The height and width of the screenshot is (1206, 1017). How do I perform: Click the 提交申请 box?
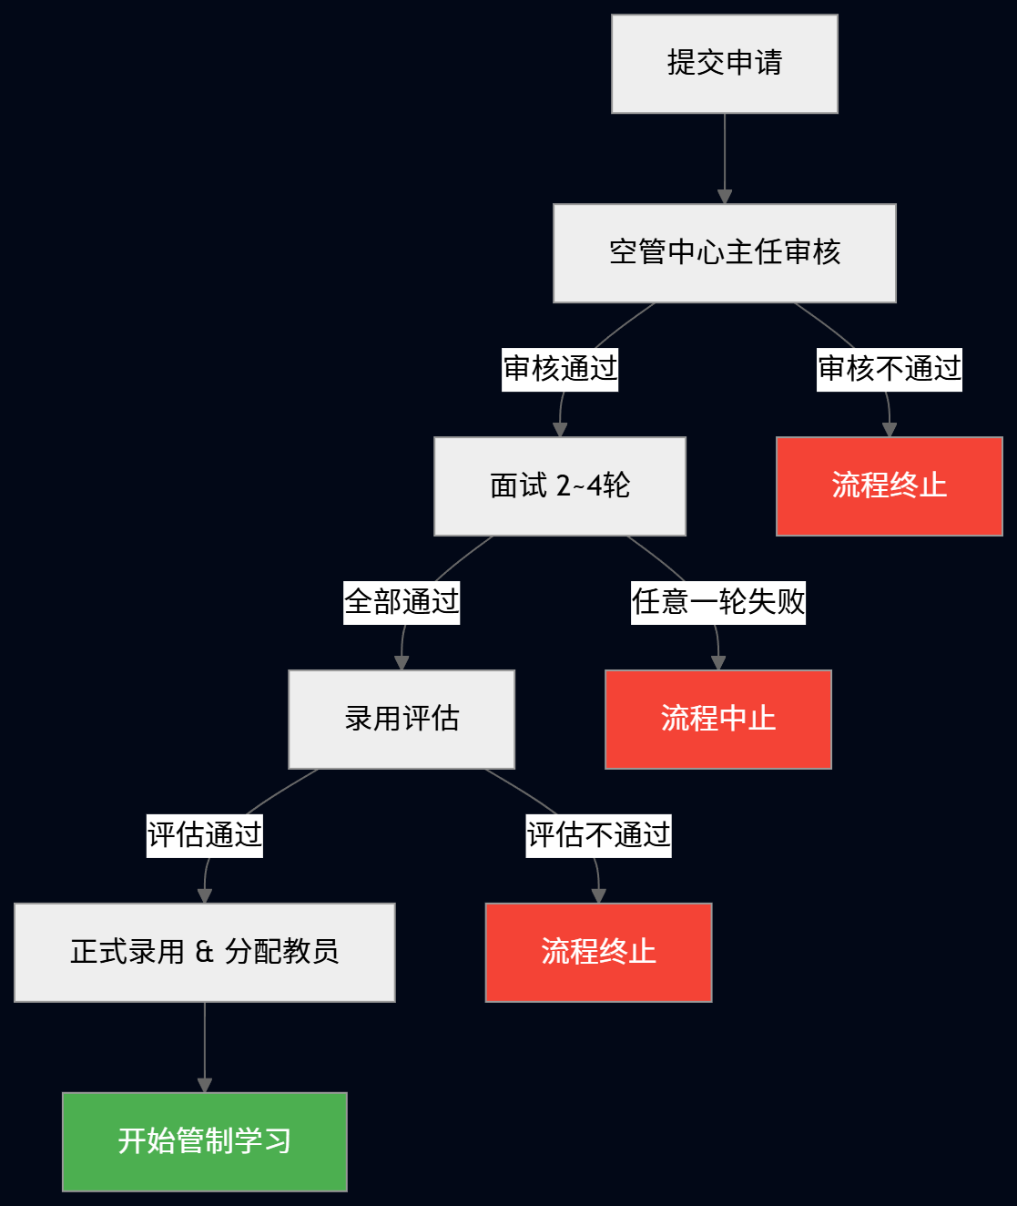(724, 64)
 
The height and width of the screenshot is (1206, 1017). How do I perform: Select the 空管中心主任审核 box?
(724, 253)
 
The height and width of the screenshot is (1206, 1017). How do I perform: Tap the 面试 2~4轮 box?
(559, 486)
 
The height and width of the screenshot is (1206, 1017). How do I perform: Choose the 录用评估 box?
(402, 720)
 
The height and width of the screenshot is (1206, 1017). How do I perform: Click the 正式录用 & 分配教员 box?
(204, 953)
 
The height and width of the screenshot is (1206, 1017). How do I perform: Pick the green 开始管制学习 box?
(204, 1141)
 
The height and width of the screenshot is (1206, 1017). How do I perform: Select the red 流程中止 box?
(717, 720)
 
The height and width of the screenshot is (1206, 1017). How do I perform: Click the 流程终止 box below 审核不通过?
(889, 486)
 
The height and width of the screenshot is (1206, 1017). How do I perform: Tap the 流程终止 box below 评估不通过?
(598, 953)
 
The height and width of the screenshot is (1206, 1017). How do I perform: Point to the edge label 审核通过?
(560, 369)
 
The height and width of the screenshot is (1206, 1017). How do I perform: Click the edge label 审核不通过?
(889, 369)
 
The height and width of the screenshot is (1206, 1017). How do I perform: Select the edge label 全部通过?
(402, 602)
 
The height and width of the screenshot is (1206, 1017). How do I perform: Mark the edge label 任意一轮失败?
(718, 602)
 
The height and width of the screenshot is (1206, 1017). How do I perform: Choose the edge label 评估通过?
(205, 835)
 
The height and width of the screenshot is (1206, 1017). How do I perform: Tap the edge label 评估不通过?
(598, 835)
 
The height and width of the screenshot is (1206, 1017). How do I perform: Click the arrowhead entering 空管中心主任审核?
(725, 196)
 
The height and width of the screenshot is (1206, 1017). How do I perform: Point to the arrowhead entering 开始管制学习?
(205, 1085)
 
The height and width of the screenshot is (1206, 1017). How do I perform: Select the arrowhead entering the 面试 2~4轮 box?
(560, 429)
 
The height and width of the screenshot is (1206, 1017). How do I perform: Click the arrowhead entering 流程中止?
(717, 662)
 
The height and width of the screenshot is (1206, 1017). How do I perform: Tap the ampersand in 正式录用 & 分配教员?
(204, 952)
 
